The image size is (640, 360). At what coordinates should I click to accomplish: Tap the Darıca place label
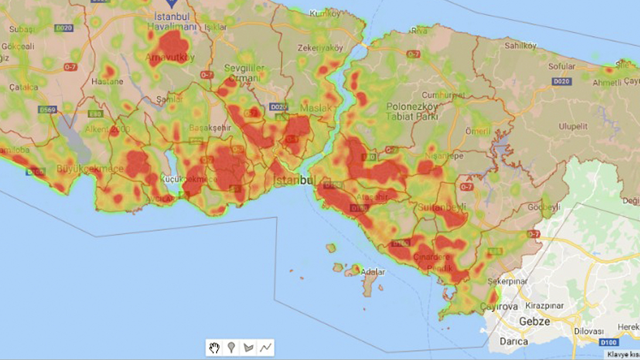513,341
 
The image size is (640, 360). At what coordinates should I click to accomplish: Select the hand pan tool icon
214,348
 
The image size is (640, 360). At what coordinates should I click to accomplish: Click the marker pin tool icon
231,348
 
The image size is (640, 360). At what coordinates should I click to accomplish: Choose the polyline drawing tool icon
265,348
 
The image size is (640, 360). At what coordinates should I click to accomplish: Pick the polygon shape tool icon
248,348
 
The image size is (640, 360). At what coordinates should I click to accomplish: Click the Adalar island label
373,272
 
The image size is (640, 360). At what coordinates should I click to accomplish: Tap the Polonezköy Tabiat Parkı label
412,111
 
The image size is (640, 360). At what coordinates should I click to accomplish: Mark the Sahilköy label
520,46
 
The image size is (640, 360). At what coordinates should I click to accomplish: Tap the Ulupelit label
573,126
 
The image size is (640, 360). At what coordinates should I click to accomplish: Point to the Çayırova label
499,307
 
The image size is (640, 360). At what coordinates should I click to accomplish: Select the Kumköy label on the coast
324,13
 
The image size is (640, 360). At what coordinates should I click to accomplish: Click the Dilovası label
589,330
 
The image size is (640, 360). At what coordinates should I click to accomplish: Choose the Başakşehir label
207,129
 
